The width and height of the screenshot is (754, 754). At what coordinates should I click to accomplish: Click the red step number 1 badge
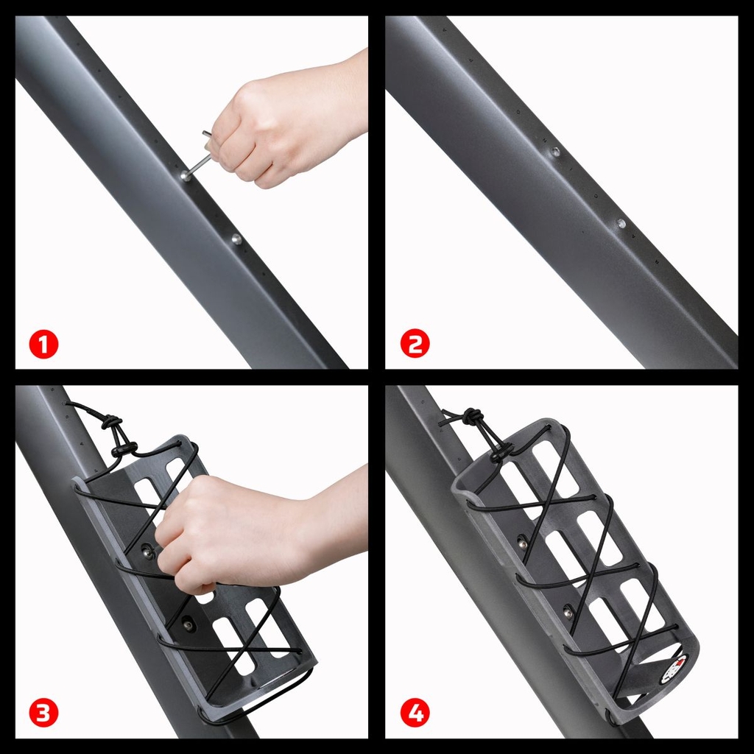[43, 344]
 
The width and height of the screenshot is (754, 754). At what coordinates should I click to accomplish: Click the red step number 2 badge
[415, 344]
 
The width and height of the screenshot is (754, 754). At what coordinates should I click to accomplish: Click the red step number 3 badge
[43, 713]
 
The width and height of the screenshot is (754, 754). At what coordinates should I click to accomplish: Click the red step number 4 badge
[415, 713]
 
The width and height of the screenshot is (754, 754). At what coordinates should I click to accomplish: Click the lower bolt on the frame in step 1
[236, 239]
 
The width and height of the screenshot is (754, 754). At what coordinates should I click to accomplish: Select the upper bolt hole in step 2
[555, 152]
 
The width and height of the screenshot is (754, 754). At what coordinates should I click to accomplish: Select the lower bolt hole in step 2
[621, 222]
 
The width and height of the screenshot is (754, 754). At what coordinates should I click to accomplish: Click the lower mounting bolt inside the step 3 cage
[188, 624]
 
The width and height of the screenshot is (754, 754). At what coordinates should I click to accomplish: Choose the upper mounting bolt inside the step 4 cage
[523, 543]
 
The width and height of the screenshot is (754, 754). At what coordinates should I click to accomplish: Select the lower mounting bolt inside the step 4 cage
[568, 610]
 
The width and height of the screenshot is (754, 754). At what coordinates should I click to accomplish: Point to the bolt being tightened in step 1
[186, 177]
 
